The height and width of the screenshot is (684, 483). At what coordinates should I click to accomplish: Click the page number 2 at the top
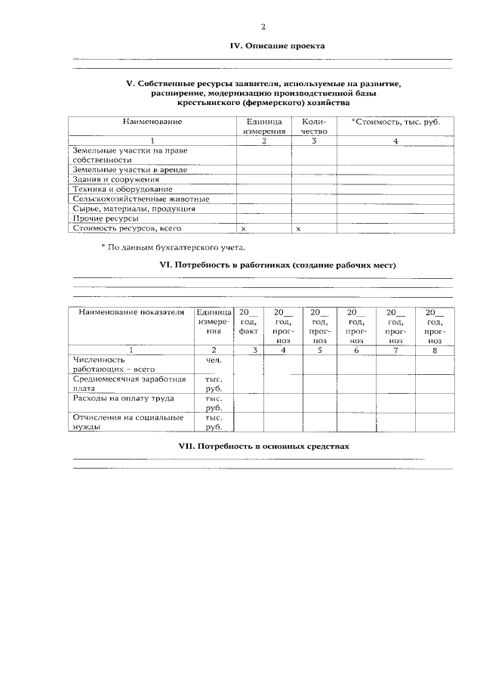point(263,27)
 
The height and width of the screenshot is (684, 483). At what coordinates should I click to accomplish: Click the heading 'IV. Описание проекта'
point(277,46)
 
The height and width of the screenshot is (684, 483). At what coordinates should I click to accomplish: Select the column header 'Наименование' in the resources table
point(152,121)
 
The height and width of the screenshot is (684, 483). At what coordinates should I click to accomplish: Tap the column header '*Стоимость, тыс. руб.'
point(395,121)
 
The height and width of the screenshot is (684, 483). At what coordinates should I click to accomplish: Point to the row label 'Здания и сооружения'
point(115,180)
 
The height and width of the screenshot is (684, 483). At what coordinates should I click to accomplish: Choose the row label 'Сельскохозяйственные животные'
point(141,200)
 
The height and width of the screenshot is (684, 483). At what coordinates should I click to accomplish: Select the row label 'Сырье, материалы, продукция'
point(134,209)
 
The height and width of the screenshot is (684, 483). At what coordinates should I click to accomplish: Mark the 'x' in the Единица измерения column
point(243,228)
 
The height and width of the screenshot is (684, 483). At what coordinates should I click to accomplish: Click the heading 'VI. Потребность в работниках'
point(278,265)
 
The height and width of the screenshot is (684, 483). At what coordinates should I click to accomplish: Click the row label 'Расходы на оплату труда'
point(123,398)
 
